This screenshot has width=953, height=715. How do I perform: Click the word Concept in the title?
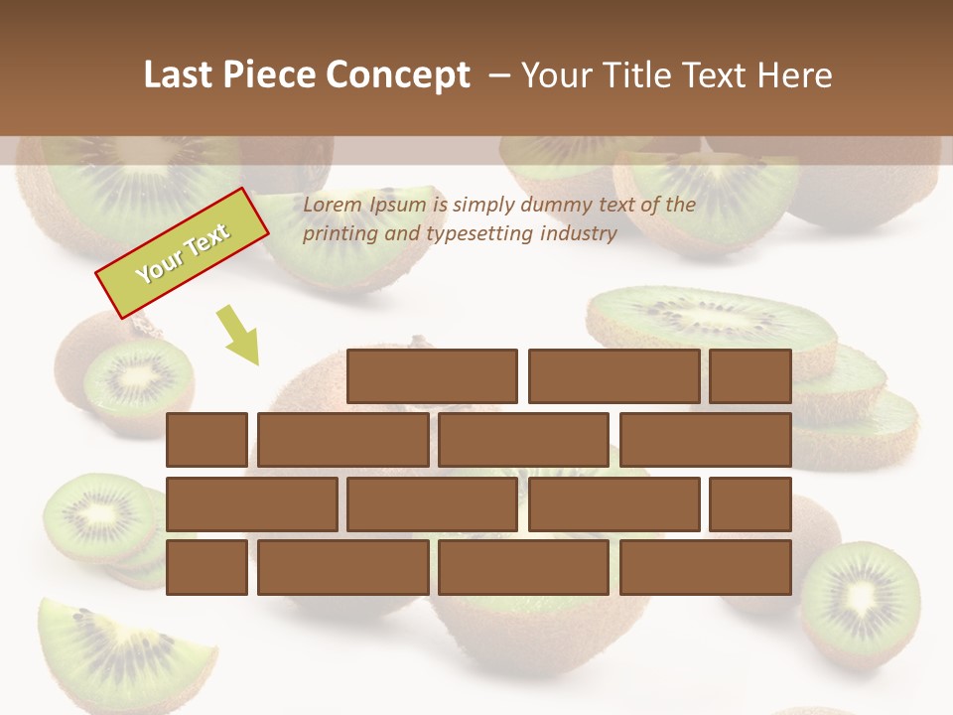tap(399, 75)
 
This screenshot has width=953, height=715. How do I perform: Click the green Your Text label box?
tap(183, 252)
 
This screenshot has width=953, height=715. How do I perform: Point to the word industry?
tap(579, 234)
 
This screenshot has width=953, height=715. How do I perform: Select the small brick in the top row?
tap(750, 376)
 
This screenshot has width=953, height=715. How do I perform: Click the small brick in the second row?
tap(206, 440)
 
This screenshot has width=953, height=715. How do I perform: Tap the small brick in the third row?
tap(750, 504)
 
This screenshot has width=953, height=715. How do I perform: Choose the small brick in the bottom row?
tap(206, 568)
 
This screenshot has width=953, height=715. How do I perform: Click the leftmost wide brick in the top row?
tap(432, 376)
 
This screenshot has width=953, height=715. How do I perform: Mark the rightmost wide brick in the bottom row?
tap(706, 568)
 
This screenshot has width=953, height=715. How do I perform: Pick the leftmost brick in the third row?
tap(251, 504)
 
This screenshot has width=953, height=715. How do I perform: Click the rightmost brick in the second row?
tap(706, 440)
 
